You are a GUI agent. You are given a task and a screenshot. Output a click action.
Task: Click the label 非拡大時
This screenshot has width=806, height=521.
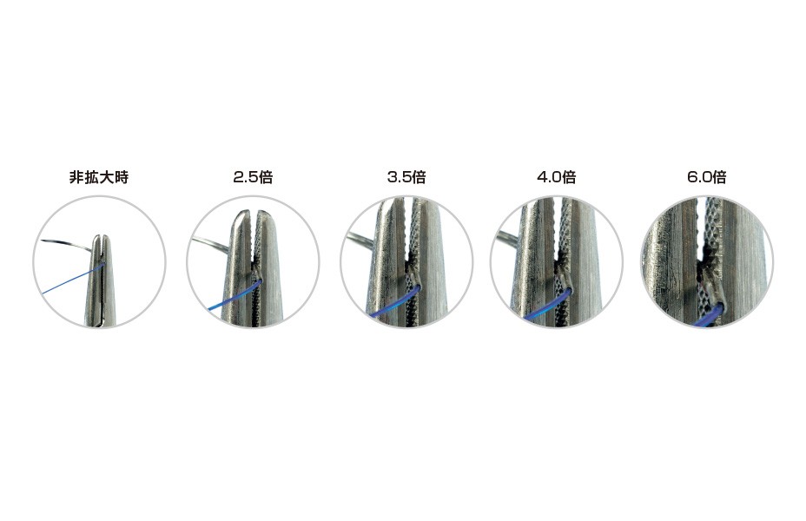coord(99,177)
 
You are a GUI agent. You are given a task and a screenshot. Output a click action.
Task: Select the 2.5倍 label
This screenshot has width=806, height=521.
coord(253,177)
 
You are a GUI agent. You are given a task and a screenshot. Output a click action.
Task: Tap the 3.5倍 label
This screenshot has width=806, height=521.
coord(406,177)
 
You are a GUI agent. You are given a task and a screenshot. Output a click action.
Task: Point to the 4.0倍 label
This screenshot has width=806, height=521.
coord(557,177)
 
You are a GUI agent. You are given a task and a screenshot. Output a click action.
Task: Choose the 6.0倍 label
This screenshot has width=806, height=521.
coord(707,177)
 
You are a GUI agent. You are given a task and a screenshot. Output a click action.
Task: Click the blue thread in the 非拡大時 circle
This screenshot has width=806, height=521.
coord(72,279)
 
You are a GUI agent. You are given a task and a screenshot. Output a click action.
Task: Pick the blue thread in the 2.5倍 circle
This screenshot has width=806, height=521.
coord(234,296)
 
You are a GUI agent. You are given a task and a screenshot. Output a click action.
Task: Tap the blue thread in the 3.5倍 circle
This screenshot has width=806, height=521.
coord(393,304)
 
